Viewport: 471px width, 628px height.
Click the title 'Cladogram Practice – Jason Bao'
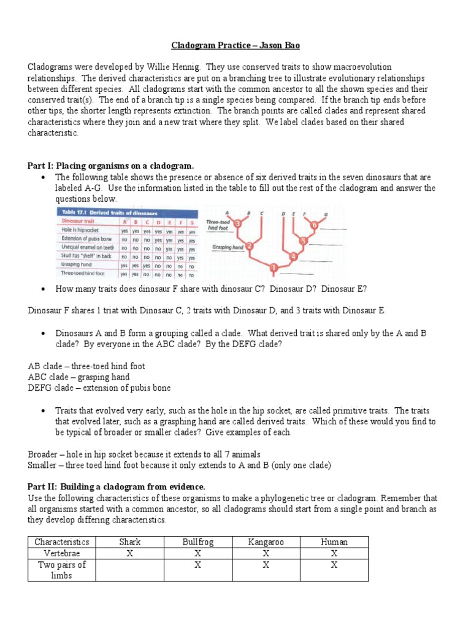coord(235,45)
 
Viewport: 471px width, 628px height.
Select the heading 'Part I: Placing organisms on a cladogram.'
coord(111,166)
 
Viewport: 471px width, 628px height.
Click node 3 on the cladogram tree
coord(238,224)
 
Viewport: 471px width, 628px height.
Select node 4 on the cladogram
coord(293,256)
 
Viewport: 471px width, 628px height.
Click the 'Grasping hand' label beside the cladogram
coord(228,248)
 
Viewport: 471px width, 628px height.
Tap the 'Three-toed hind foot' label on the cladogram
coord(219,224)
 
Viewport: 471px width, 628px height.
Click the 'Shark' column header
coord(129,542)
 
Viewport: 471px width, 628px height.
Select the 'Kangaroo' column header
coord(266,542)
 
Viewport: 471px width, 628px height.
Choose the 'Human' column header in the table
coord(334,542)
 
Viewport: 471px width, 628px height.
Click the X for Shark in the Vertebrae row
coord(129,553)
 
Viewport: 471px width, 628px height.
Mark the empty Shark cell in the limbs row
coord(129,570)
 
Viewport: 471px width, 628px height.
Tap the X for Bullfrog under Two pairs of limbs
coord(197,565)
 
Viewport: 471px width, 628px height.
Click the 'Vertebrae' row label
coord(61,553)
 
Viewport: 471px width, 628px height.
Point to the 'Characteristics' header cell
coord(61,542)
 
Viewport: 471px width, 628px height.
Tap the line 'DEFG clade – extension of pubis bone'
coord(99,388)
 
